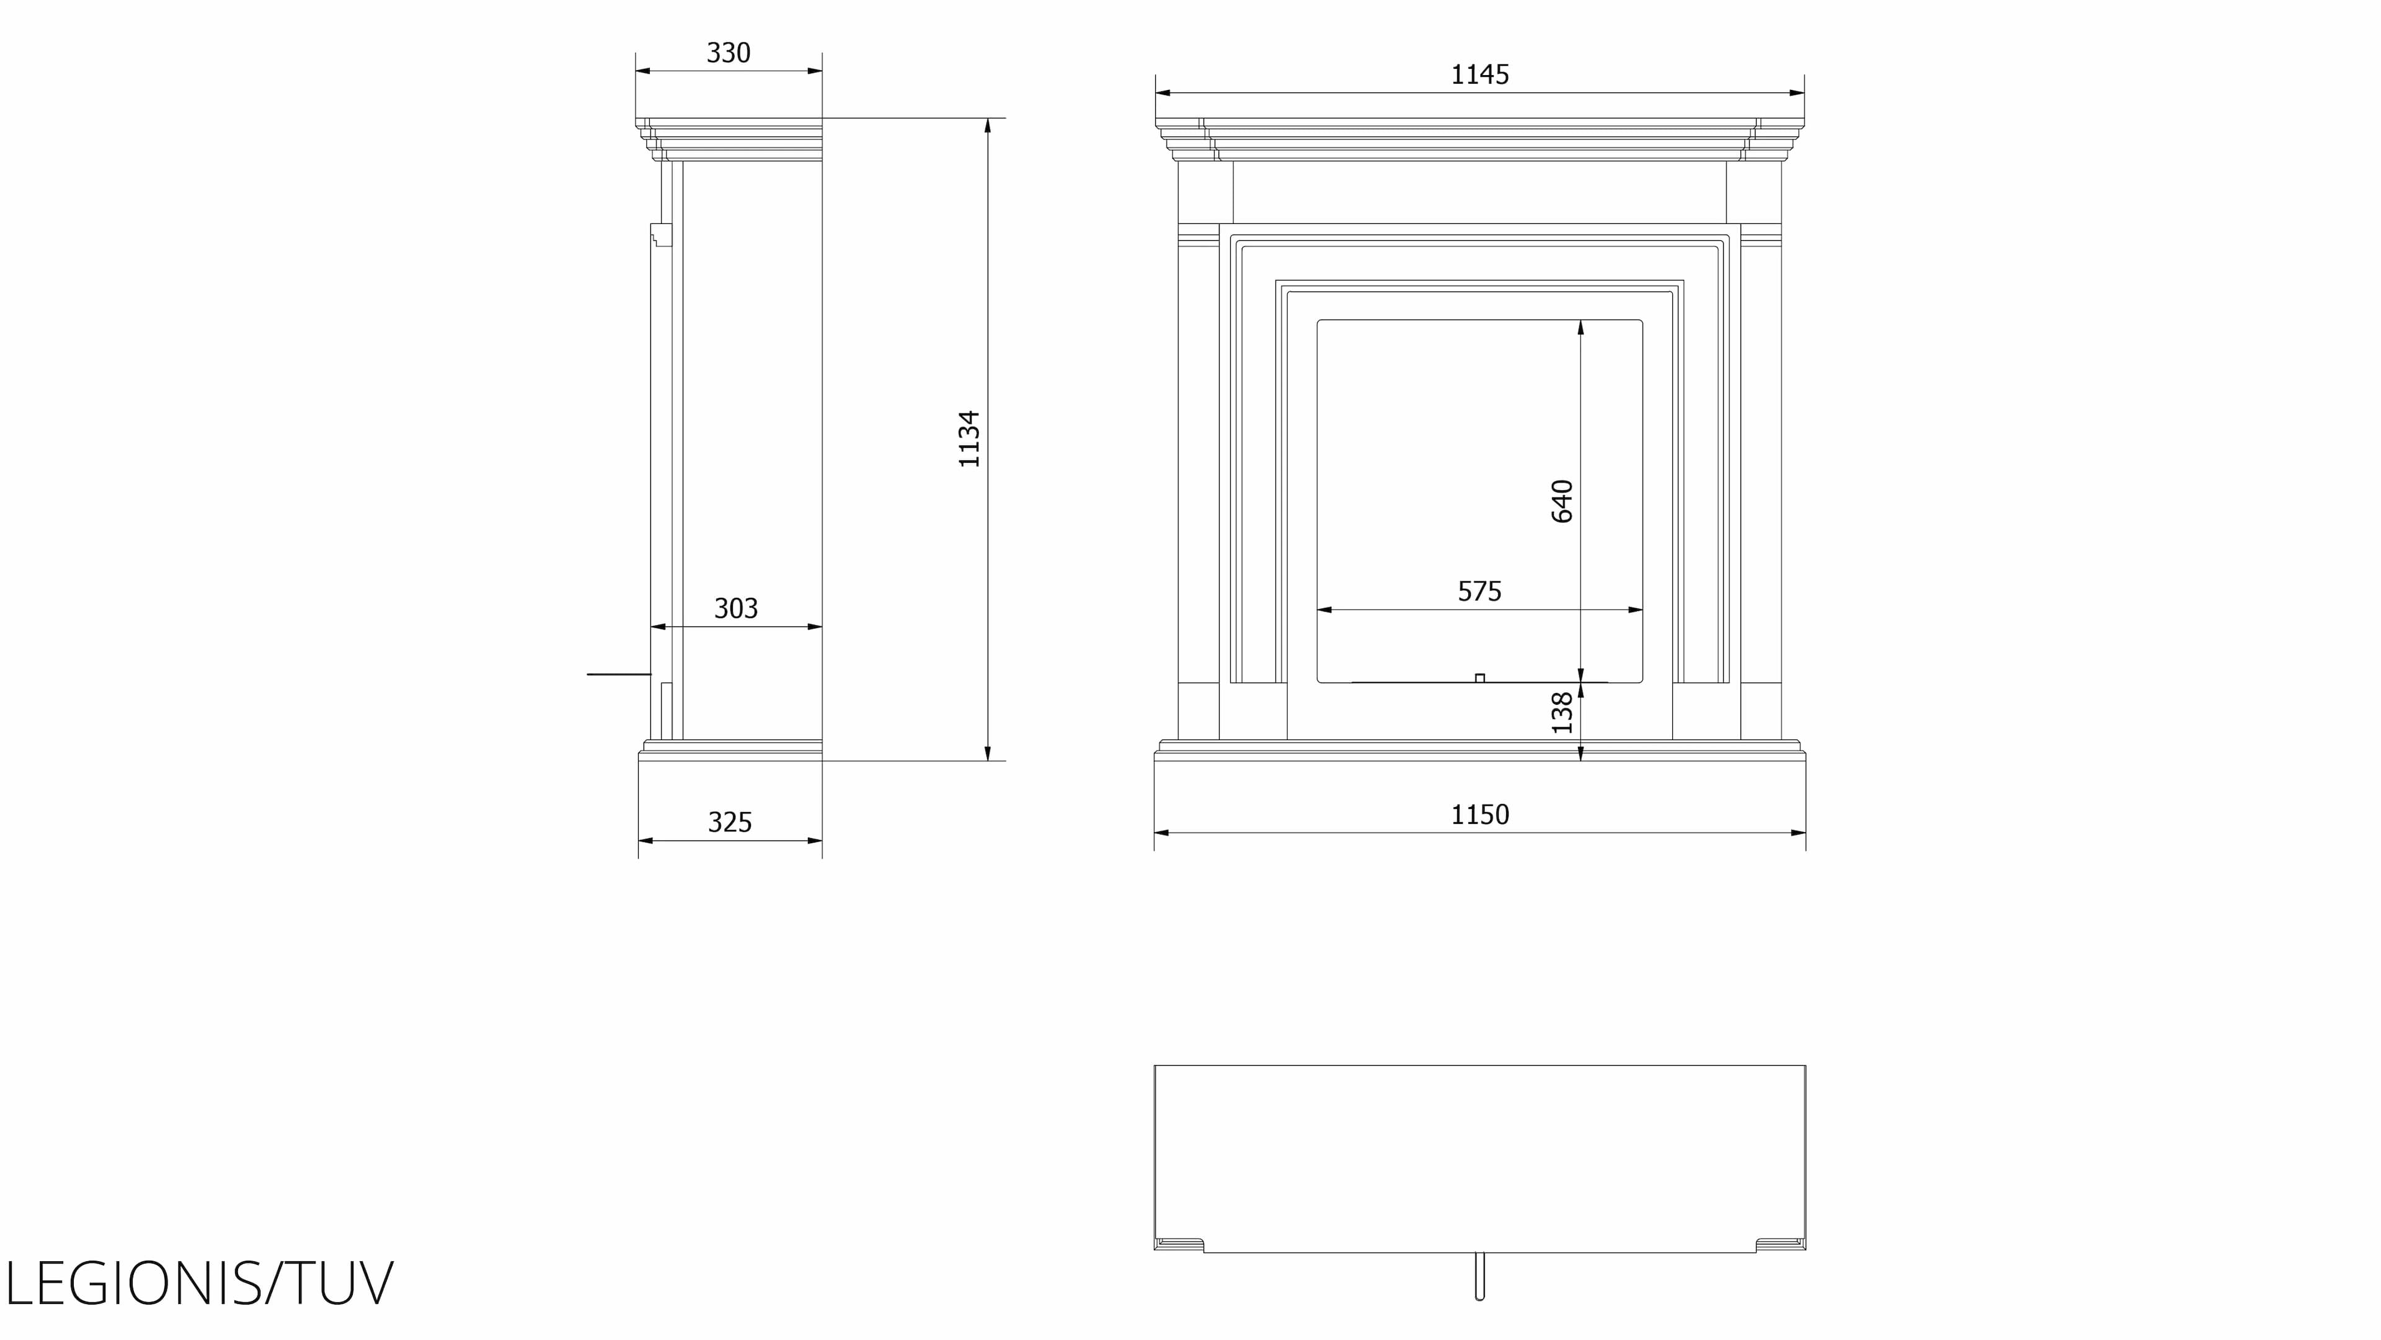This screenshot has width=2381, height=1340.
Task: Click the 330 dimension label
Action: pyautogui.click(x=729, y=53)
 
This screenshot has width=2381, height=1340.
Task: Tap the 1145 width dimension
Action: pyautogui.click(x=1480, y=74)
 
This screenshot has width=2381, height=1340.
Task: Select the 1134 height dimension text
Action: pyautogui.click(x=969, y=439)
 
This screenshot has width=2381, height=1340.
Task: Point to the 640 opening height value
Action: pyautogui.click(x=1562, y=501)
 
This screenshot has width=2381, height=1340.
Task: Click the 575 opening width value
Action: pyautogui.click(x=1480, y=591)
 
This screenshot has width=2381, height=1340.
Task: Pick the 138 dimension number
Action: pyautogui.click(x=1562, y=713)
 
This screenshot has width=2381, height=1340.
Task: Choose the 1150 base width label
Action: pyautogui.click(x=1480, y=815)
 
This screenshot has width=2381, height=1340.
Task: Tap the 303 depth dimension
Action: pyautogui.click(x=736, y=609)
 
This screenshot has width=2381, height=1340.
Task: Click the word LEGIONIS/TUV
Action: pyautogui.click(x=200, y=1283)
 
